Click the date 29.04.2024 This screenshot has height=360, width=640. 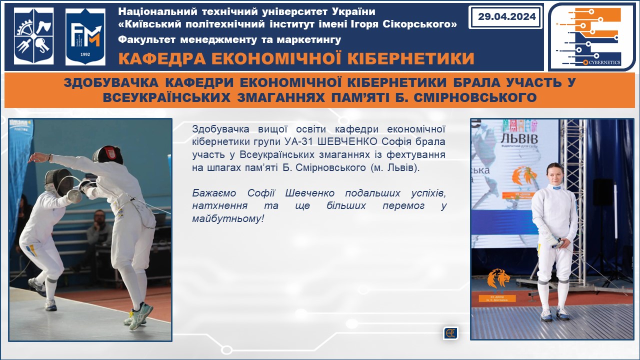506,16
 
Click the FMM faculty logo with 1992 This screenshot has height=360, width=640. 85,37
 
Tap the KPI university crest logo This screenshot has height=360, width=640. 33,35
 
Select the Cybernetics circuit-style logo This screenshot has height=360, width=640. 590,36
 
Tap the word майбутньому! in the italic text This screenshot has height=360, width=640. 227,219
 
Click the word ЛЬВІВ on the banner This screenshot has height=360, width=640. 519,139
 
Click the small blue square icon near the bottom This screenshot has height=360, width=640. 450,333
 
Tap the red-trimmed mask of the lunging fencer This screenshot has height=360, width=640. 107,154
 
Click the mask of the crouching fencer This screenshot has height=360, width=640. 59,181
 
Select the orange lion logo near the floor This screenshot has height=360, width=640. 498,278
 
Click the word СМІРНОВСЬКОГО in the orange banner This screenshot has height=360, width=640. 475,97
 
